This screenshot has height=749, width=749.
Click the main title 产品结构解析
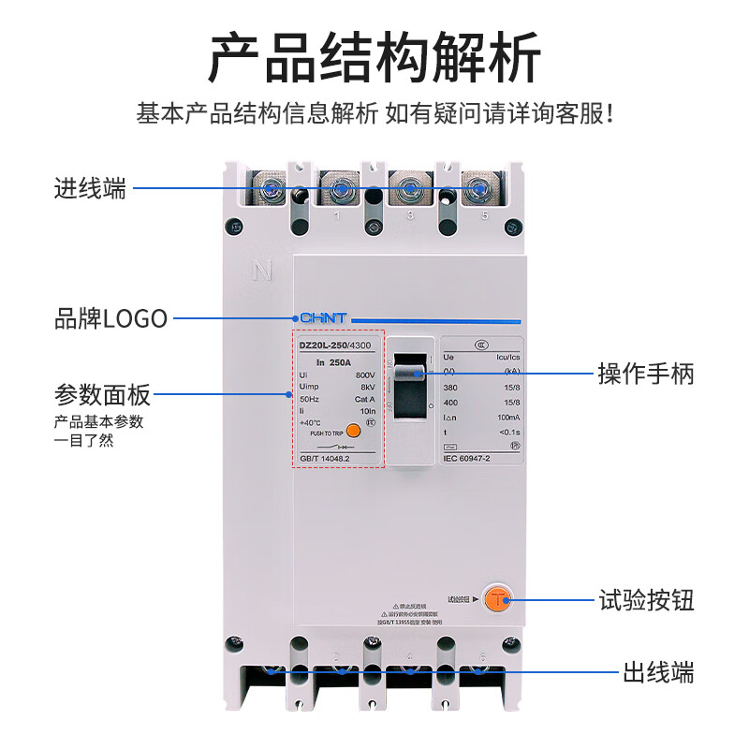374,58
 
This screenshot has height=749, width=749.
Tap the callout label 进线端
90,188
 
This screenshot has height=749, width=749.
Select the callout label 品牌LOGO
111,318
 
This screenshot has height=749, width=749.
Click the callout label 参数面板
102,394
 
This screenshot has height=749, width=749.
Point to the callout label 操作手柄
646,374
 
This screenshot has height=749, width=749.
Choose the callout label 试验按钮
646,600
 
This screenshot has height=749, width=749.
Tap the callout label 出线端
659,671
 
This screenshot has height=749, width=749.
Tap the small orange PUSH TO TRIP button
353,431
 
